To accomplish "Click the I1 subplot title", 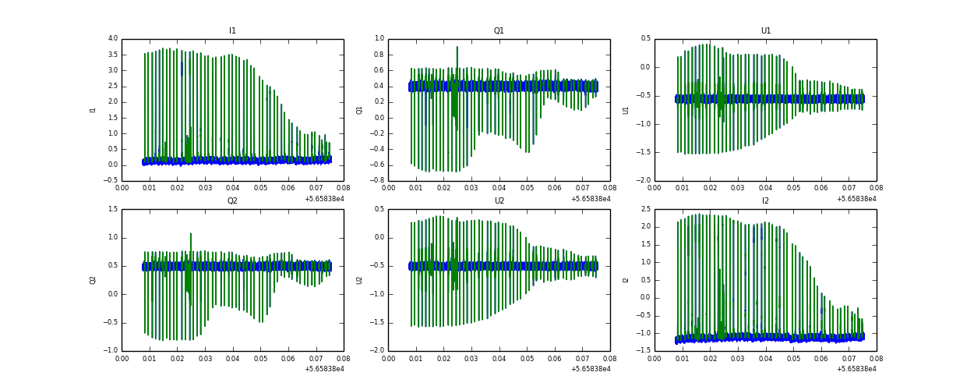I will point(232,31).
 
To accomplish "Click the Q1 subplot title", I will point(499,31).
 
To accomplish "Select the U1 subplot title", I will point(766,31).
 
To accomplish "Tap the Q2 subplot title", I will point(232,201).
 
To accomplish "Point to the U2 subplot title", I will point(499,201).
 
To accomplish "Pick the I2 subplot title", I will point(766,201).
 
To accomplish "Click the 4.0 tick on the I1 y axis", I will point(112,38).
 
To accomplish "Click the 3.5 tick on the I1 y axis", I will point(112,55).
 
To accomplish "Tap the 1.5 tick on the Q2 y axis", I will point(112,209).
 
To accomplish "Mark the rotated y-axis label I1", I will point(94,110).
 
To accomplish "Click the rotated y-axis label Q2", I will point(93,280).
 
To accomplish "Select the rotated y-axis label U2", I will point(359,280).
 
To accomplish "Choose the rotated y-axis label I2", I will point(626,280).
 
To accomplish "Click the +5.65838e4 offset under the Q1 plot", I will point(591,199).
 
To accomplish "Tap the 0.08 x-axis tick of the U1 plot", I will point(876,188).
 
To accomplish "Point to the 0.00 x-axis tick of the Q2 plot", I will point(122,358).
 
